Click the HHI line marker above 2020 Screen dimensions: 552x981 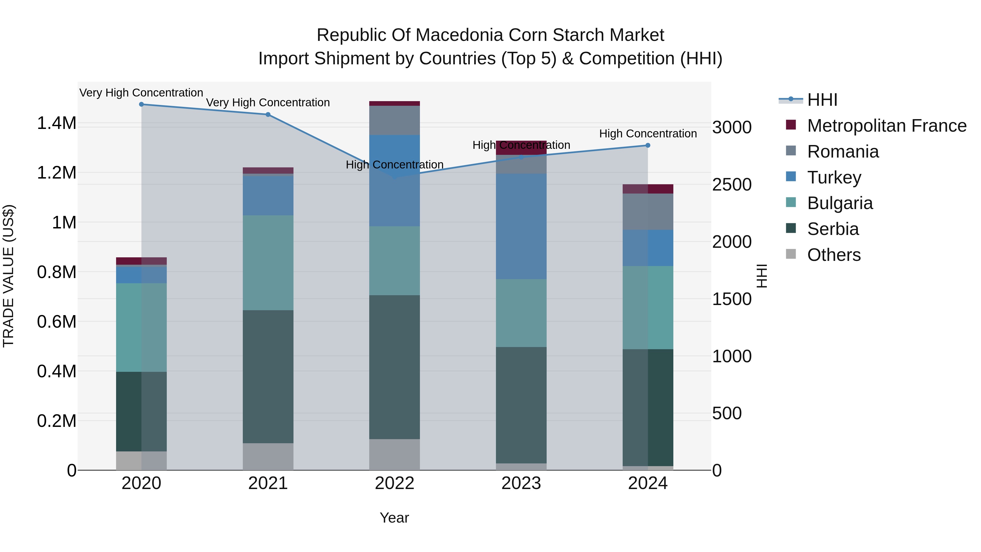(141, 104)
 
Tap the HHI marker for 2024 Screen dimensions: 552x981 (648, 146)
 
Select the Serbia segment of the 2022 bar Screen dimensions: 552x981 (395, 367)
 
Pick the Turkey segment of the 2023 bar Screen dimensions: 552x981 (521, 226)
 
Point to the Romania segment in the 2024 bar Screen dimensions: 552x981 (648, 212)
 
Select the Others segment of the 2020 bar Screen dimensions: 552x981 (141, 461)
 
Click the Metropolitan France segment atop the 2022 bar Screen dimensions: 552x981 (395, 104)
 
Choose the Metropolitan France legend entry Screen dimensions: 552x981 (886, 126)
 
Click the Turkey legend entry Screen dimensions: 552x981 (834, 177)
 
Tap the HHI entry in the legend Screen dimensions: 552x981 (822, 100)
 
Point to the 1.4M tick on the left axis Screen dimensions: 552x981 (56, 123)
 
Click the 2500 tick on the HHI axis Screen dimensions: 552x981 (732, 185)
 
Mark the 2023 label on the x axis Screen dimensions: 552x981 (521, 483)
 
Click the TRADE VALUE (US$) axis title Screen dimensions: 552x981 (8, 276)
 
